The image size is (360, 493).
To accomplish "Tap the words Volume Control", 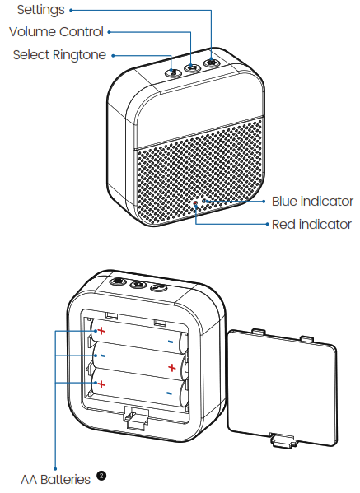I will [x=56, y=32].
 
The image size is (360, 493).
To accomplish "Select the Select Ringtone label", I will [x=59, y=54].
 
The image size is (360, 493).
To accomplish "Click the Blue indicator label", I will [x=312, y=201].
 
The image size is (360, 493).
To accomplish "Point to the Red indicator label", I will [x=311, y=224].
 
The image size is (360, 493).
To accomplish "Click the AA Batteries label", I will [x=55, y=478].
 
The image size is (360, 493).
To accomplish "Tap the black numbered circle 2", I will [x=101, y=476].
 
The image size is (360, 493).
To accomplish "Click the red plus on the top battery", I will [x=101, y=331].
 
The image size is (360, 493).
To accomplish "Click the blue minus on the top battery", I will [x=170, y=340].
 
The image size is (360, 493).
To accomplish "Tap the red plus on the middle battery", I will [x=171, y=367].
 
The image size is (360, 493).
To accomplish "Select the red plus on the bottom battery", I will [x=101, y=384].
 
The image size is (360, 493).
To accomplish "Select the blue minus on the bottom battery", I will [x=169, y=393].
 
